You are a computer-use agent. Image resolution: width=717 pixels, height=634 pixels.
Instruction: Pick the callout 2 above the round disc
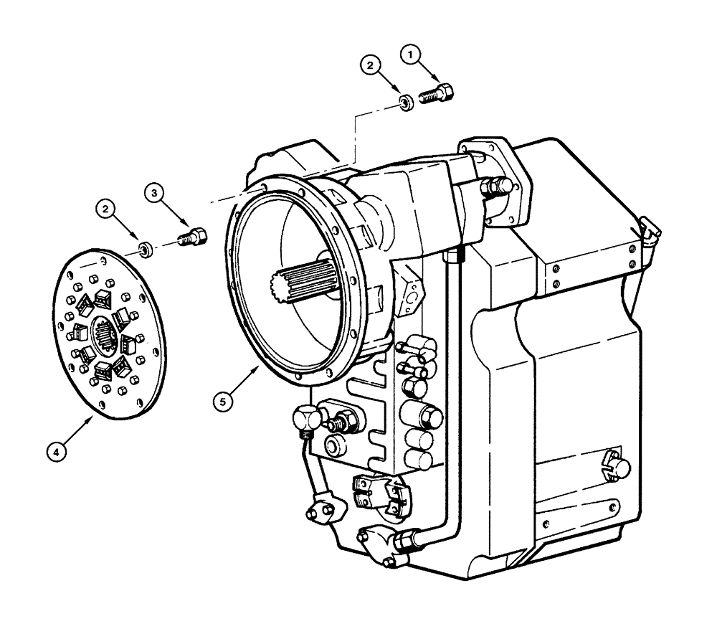(x=107, y=209)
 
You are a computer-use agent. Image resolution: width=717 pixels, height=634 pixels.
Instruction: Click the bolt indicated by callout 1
(x=438, y=94)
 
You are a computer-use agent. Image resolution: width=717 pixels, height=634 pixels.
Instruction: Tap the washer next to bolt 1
(x=406, y=104)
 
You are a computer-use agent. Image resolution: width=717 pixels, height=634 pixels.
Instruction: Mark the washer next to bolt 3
(x=145, y=250)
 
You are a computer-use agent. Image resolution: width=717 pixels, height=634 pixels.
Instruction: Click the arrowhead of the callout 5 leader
(x=259, y=365)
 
